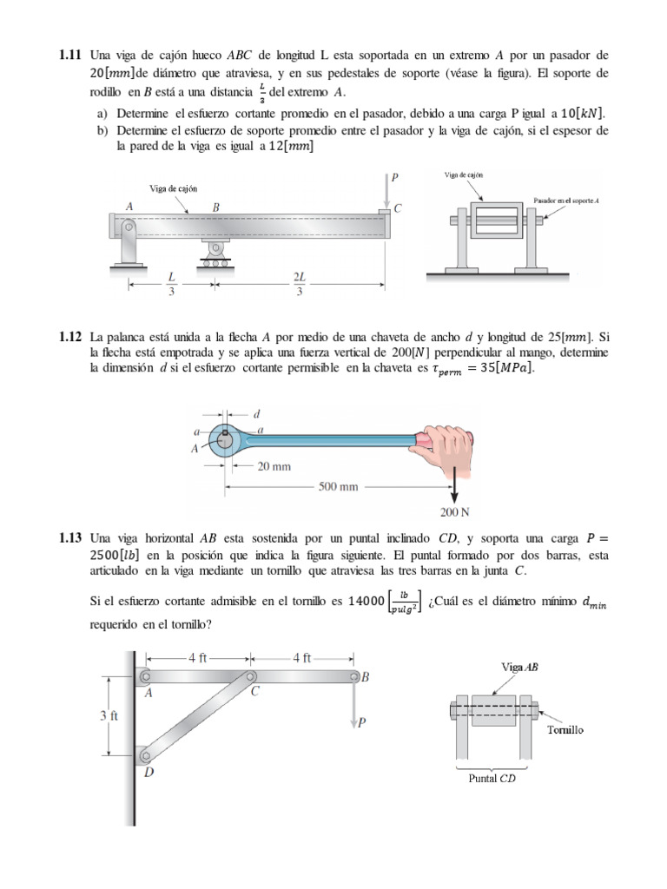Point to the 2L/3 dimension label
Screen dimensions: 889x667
click(x=300, y=283)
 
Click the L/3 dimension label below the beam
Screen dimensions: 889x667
click(x=172, y=283)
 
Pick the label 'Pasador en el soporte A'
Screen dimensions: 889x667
click(x=565, y=201)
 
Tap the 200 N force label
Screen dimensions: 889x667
click(x=455, y=511)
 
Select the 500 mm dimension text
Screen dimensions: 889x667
click(x=338, y=486)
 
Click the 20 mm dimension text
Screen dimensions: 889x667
click(x=274, y=465)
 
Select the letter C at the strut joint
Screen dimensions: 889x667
click(x=255, y=692)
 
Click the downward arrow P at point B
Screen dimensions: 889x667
click(x=355, y=708)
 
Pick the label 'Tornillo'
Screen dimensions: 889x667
click(x=565, y=730)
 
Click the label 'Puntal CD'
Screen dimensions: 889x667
click(x=492, y=778)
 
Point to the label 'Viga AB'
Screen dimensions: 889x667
click(x=520, y=668)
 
